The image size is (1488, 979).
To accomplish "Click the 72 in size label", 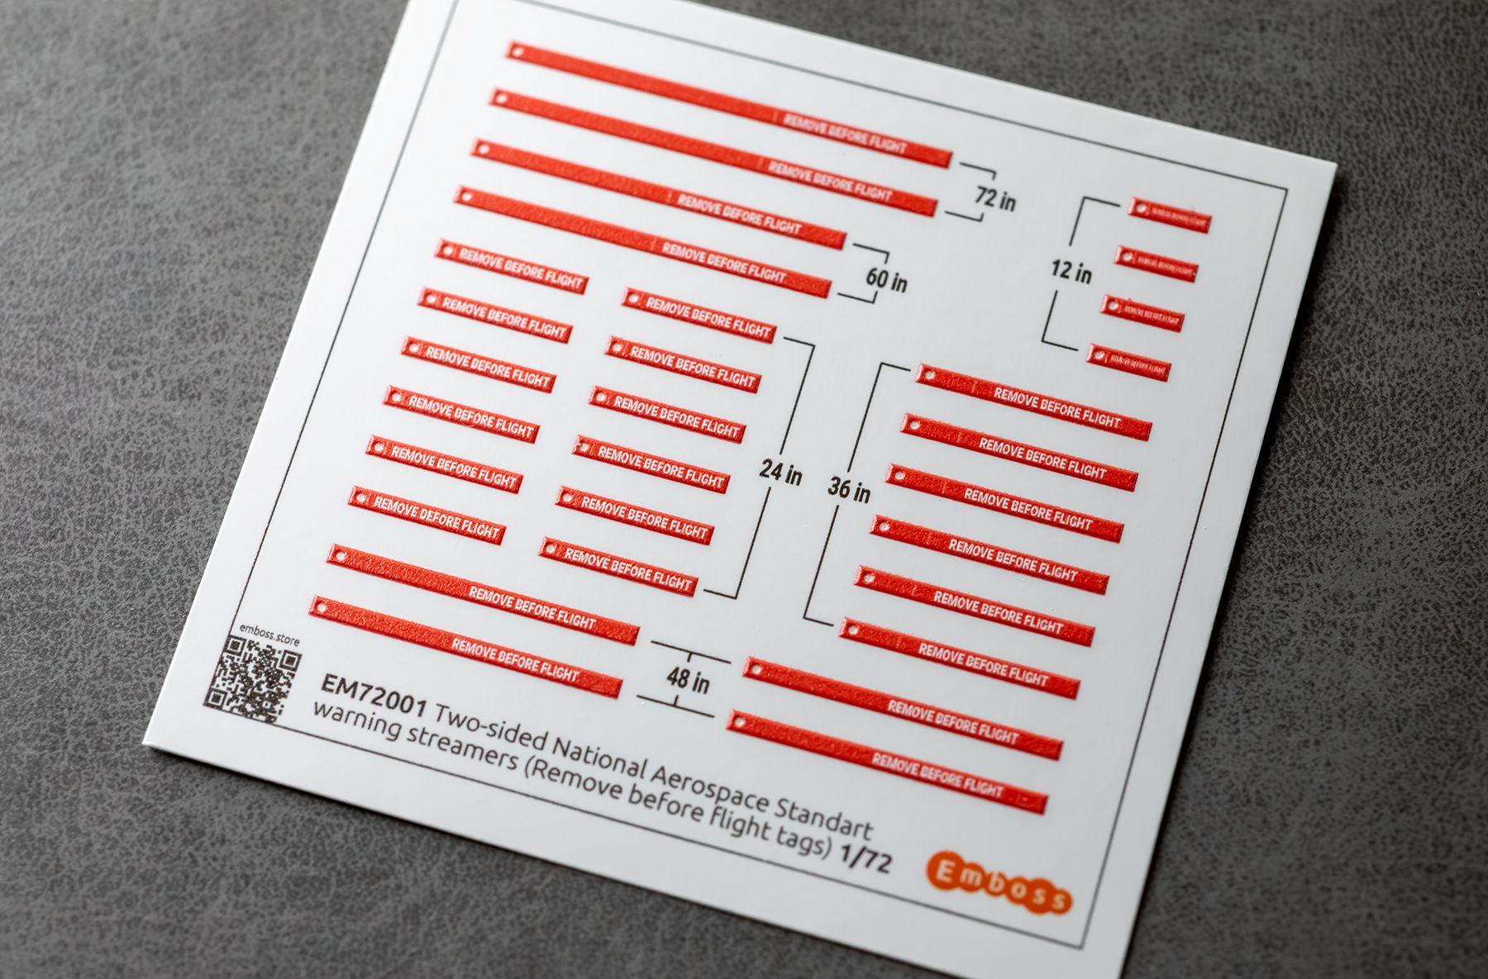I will point(994,198).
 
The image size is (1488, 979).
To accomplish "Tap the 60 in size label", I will point(886,280).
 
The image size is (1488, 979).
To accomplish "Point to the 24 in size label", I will point(781,474).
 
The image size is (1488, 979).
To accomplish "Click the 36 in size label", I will point(849,491).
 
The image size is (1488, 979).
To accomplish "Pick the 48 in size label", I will point(688,682).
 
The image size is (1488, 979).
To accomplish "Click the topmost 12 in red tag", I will point(1169,216).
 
